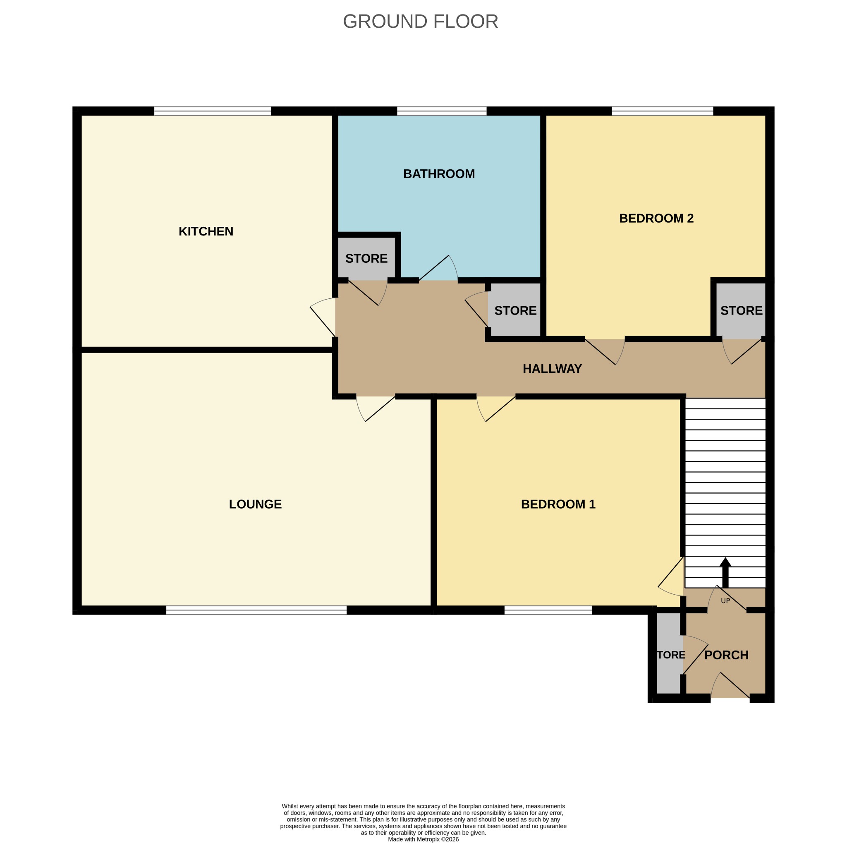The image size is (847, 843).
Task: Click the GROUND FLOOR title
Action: (421, 22)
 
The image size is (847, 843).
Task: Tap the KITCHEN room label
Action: (206, 231)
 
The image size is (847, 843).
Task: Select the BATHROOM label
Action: (439, 174)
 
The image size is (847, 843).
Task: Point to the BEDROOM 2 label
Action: (656, 218)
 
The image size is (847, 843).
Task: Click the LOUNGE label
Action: (255, 504)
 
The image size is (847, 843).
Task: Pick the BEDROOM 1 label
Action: (558, 504)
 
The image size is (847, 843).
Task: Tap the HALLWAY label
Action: (552, 368)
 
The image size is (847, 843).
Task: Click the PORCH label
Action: (726, 655)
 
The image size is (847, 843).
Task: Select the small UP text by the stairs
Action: (725, 600)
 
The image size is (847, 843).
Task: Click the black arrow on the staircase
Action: (725, 572)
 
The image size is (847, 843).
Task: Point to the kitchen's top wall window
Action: (213, 111)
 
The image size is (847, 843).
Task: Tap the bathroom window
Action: (442, 111)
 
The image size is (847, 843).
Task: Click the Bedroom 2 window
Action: (663, 111)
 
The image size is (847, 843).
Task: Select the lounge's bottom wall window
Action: (256, 610)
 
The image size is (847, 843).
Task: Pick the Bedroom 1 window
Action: (548, 610)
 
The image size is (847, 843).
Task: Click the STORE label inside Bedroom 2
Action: (742, 310)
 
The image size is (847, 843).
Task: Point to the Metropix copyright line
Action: (423, 839)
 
